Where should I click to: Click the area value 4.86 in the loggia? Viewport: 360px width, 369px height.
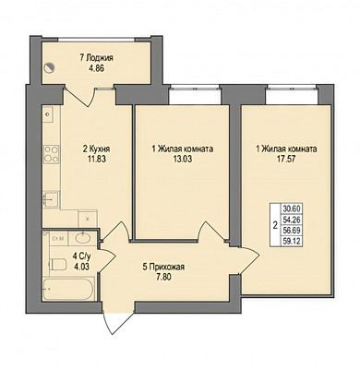[x=96, y=68]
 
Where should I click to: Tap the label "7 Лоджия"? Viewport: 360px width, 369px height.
[x=96, y=58]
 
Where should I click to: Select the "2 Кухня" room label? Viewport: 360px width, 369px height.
[x=96, y=149]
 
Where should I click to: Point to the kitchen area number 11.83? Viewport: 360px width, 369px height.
[x=97, y=159]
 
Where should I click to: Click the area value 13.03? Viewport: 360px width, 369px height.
[x=183, y=159]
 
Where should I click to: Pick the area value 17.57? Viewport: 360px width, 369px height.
[x=286, y=159]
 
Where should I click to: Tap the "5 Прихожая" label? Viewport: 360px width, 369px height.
[x=163, y=268]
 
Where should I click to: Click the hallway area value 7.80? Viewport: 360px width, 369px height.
[x=163, y=277]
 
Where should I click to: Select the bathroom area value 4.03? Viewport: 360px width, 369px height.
[x=81, y=266]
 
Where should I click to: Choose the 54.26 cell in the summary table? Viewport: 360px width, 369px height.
[x=292, y=220]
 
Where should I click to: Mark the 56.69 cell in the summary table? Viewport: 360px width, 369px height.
[x=292, y=230]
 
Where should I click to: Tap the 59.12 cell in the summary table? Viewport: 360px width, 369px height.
[x=292, y=241]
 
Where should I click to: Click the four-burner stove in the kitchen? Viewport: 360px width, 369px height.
[x=51, y=154]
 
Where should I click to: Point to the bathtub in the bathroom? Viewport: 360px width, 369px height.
[x=68, y=289]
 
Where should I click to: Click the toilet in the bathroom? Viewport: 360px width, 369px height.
[x=57, y=264]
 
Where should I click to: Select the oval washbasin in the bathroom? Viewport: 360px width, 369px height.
[x=82, y=238]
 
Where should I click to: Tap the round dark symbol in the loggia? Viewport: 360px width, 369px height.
[x=49, y=67]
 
